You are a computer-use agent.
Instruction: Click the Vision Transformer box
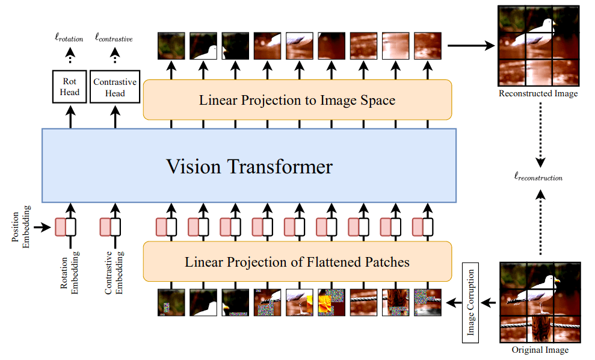coord(249,166)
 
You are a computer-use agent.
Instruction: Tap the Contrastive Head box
coord(115,87)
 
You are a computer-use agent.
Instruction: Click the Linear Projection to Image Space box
coord(297,99)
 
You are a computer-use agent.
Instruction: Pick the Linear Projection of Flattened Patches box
coord(297,262)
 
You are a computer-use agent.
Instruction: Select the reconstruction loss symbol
coord(539,178)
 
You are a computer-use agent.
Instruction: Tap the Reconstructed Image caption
coord(538,94)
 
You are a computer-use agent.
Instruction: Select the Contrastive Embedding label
coord(114,274)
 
